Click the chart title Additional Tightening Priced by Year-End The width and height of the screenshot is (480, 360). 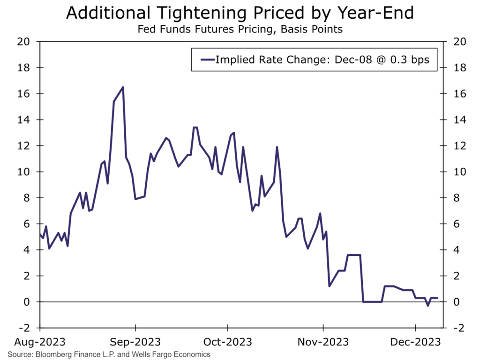tap(240, 13)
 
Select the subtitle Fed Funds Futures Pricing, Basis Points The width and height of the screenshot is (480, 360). tap(240, 30)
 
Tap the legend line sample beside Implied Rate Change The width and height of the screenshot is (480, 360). tap(208, 60)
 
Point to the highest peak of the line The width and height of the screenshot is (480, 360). tap(123, 87)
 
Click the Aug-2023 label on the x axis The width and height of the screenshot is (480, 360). tap(40, 342)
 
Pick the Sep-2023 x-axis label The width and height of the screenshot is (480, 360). tap(135, 342)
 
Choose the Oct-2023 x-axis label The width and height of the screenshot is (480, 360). tap(228, 342)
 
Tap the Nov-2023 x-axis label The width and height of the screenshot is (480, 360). tap(323, 342)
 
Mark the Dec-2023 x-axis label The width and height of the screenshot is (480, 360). tap(415, 342)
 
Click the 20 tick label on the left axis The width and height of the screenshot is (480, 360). tap(23, 42)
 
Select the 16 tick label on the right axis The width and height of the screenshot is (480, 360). tap(459, 94)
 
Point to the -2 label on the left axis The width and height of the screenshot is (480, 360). tap(24, 328)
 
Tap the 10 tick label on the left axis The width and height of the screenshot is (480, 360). tap(23, 172)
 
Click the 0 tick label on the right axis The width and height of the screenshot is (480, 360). tap(457, 302)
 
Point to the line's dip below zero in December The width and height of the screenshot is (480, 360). tap(427, 305)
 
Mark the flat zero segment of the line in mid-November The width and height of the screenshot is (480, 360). tap(372, 302)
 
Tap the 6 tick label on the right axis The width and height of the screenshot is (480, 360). tap(457, 224)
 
